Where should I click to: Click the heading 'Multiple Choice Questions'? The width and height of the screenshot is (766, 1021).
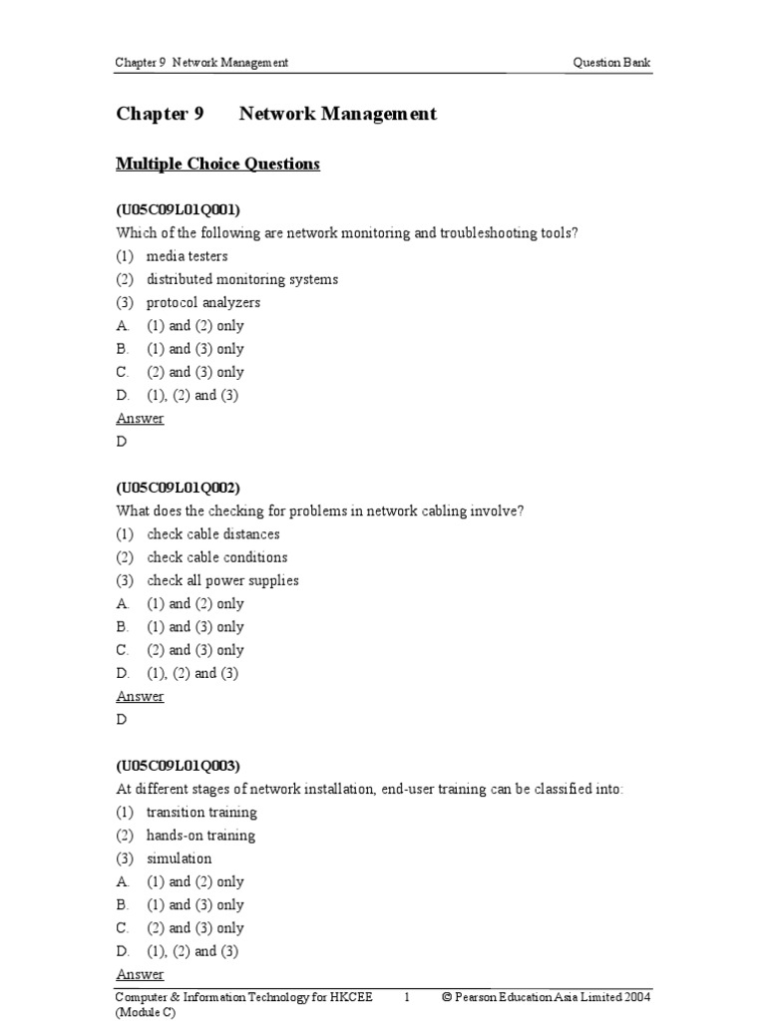tap(217, 165)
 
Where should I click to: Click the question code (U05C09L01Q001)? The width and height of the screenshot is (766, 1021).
tap(179, 209)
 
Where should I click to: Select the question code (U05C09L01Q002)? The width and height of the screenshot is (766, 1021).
tap(179, 488)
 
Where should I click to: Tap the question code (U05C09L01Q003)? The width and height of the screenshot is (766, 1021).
tap(179, 766)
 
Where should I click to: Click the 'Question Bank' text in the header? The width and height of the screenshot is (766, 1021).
tap(612, 63)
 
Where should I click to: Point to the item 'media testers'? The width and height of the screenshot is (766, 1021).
tap(187, 256)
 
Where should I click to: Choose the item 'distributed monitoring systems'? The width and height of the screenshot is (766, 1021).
tap(242, 279)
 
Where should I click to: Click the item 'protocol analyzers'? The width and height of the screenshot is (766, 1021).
tap(203, 302)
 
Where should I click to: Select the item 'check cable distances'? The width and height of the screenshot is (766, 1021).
tap(213, 534)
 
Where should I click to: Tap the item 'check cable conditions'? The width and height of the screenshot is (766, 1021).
tap(217, 557)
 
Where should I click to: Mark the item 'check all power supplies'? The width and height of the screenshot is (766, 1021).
tap(222, 580)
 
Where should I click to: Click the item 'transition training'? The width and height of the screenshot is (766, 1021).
tap(201, 813)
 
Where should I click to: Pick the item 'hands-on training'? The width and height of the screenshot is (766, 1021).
tap(200, 836)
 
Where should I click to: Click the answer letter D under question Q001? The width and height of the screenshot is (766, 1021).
tap(122, 442)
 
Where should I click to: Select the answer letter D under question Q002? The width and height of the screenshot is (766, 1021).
tap(122, 720)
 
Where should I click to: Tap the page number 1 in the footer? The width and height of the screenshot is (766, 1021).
tap(407, 997)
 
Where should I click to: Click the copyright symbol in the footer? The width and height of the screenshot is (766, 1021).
tap(448, 997)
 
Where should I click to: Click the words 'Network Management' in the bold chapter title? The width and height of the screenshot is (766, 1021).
tap(337, 114)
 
